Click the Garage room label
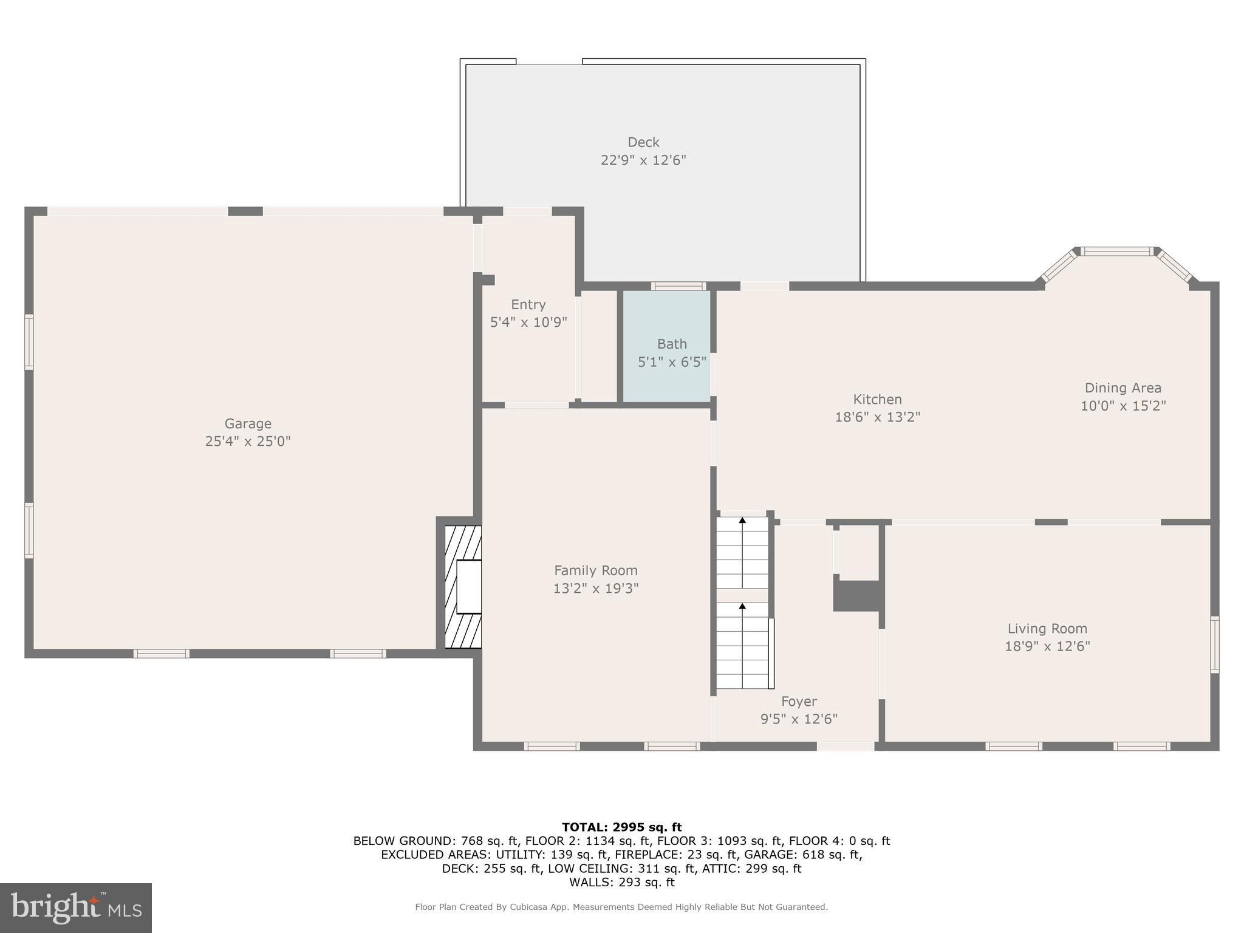click(248, 423)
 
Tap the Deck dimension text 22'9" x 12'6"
click(643, 160)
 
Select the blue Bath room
click(667, 346)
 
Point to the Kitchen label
click(877, 399)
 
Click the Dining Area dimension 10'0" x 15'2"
click(1123, 406)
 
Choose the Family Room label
click(595, 570)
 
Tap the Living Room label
click(1047, 629)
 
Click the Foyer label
click(799, 702)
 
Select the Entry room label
click(528, 304)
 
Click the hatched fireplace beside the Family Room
click(463, 586)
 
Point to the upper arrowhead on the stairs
click(742, 520)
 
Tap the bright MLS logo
click(76, 907)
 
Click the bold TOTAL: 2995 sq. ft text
click(621, 827)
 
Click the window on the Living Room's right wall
click(1215, 644)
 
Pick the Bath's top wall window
click(678, 286)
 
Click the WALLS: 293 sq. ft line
click(621, 882)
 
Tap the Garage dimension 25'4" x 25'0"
click(248, 441)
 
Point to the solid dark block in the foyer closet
click(856, 596)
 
